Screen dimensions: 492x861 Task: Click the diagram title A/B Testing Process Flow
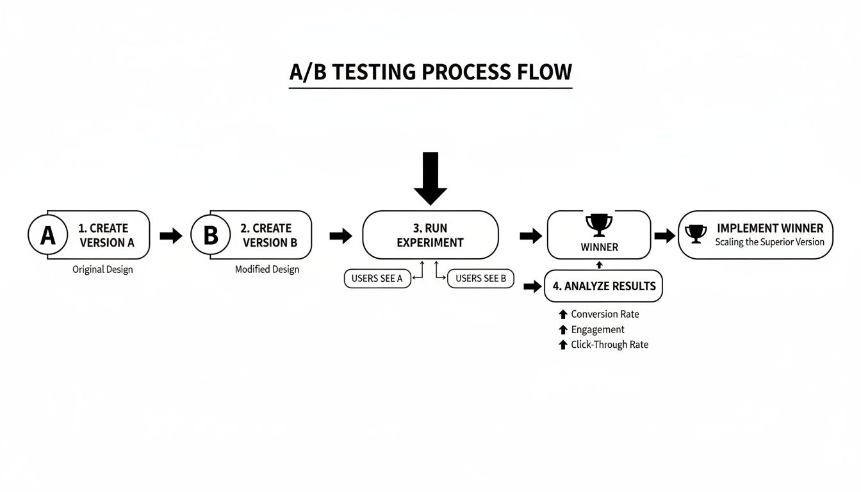(430, 72)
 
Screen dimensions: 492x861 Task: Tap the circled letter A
(47, 235)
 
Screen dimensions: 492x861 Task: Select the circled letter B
(210, 235)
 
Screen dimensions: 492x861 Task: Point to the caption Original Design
(102, 270)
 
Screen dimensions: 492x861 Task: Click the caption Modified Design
(266, 270)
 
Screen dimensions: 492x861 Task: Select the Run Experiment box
(430, 235)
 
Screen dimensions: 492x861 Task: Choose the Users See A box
(377, 279)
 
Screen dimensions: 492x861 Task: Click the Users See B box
(480, 279)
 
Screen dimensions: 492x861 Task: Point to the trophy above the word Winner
(599, 225)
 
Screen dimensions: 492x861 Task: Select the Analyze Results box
(603, 286)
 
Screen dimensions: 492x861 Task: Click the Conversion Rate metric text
(605, 314)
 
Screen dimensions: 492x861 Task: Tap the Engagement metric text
(597, 329)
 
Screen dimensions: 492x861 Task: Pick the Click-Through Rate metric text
(609, 345)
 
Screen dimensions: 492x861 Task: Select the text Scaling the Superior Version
(769, 242)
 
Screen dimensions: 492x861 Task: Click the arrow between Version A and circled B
(170, 236)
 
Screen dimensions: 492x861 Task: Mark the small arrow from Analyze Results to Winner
(600, 265)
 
